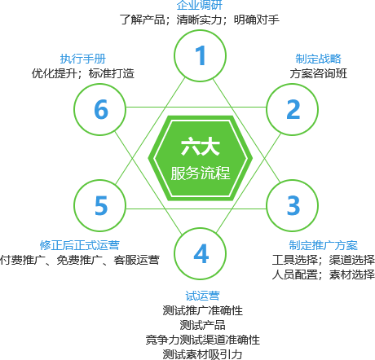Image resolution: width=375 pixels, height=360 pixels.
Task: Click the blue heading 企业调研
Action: click(200, 5)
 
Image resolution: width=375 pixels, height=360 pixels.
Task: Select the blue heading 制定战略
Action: click(318, 59)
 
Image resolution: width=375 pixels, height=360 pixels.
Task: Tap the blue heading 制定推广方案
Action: click(323, 245)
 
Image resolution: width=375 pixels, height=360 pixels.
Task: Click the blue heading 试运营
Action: click(202, 296)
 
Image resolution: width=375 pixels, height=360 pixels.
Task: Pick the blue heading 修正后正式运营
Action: click(80, 245)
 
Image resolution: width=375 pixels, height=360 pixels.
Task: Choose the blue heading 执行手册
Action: click(83, 59)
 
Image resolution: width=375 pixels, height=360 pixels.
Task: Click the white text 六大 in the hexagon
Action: click(201, 147)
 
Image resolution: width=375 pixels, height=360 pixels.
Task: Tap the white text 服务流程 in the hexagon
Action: click(201, 173)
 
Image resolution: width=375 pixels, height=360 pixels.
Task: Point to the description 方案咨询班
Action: click(318, 73)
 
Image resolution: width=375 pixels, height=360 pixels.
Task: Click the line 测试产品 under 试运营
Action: click(202, 325)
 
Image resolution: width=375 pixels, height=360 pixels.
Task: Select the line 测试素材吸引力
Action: click(202, 354)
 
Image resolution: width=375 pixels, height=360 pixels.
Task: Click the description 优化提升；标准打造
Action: click(83, 73)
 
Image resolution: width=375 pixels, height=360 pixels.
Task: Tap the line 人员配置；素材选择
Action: click(324, 274)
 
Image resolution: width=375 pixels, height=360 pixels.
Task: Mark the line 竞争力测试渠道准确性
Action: click(202, 340)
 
